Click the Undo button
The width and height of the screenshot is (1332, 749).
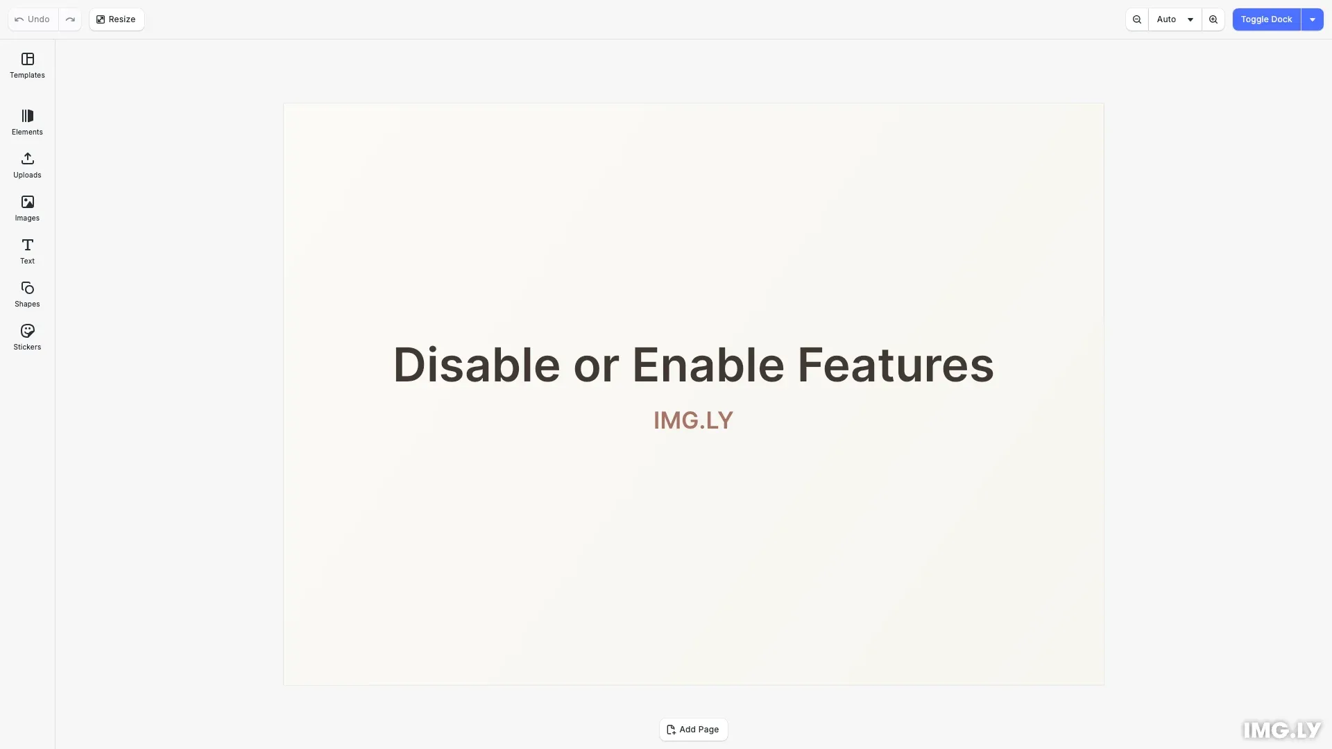[x=33, y=19]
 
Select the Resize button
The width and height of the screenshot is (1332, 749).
[x=117, y=19]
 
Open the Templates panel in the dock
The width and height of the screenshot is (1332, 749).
[x=27, y=65]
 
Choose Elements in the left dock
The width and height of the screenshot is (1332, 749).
[x=27, y=122]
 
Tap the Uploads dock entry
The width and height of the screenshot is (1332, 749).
[x=27, y=165]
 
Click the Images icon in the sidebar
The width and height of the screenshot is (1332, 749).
[x=27, y=208]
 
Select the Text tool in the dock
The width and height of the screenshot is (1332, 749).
[x=27, y=251]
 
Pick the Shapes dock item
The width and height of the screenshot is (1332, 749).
[x=27, y=294]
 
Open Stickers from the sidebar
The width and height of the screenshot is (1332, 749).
[x=27, y=337]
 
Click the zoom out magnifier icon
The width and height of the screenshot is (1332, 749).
[x=1137, y=19]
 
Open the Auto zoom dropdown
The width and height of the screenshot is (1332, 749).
[x=1175, y=19]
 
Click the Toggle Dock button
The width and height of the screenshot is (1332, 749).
[x=1266, y=19]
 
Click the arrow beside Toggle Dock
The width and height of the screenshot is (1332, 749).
[x=1313, y=19]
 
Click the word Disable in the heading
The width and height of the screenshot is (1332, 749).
[x=477, y=365]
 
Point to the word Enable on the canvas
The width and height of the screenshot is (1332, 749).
[x=708, y=365]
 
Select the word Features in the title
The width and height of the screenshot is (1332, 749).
[x=895, y=365]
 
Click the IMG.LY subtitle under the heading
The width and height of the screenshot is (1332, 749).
[x=693, y=420]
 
